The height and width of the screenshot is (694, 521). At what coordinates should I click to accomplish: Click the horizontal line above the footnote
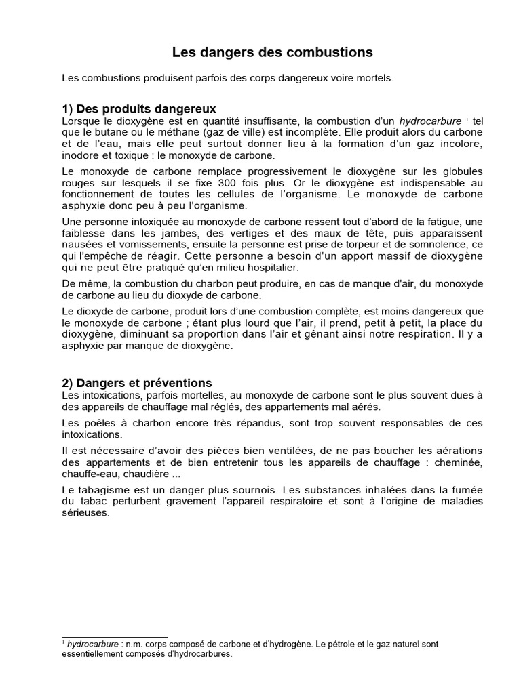coord(115,637)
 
